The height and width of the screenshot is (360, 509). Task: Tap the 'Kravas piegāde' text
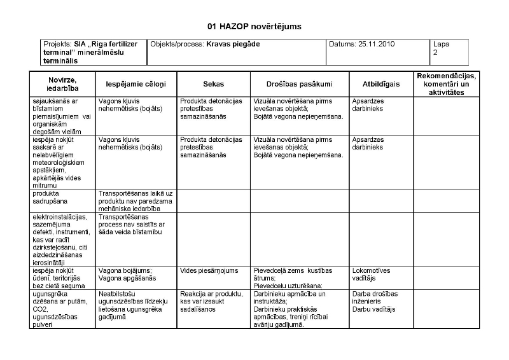(x=233, y=45)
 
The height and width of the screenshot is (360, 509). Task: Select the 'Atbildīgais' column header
(x=380, y=84)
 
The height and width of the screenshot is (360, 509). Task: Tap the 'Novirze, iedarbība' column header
(x=62, y=84)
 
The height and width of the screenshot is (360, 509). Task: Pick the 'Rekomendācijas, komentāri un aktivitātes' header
(x=446, y=84)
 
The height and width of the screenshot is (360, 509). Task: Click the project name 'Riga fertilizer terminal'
(x=92, y=48)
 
